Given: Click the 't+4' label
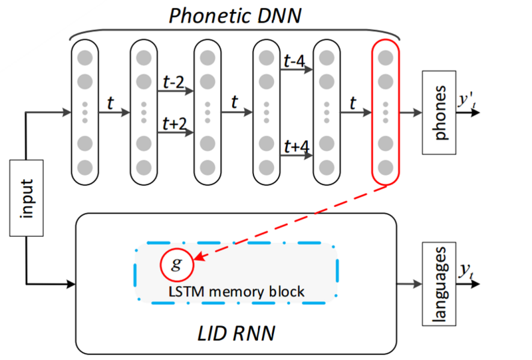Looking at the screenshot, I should (295, 146).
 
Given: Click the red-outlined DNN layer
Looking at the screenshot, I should (386, 112).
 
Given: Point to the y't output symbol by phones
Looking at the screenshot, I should (464, 101).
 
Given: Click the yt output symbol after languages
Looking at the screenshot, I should (465, 270).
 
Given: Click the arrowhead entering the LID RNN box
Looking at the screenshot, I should (71, 285).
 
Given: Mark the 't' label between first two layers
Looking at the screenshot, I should (111, 103).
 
